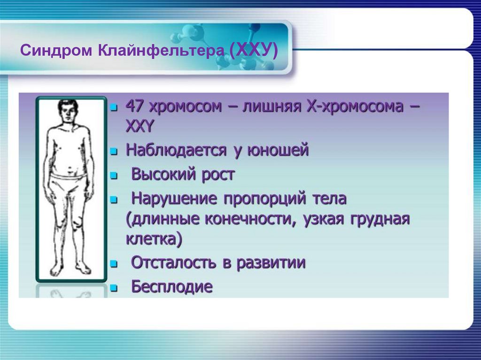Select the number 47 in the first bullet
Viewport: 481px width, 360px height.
point(135,107)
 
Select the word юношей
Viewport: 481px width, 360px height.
point(282,151)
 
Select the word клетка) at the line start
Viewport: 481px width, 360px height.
point(153,239)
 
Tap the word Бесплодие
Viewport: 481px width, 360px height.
point(171,286)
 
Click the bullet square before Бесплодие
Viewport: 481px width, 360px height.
point(113,288)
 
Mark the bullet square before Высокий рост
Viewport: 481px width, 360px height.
point(113,176)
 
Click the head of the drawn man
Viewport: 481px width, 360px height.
point(69,112)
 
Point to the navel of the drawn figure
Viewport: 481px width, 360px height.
point(69,166)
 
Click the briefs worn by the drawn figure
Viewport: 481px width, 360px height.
point(69,184)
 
